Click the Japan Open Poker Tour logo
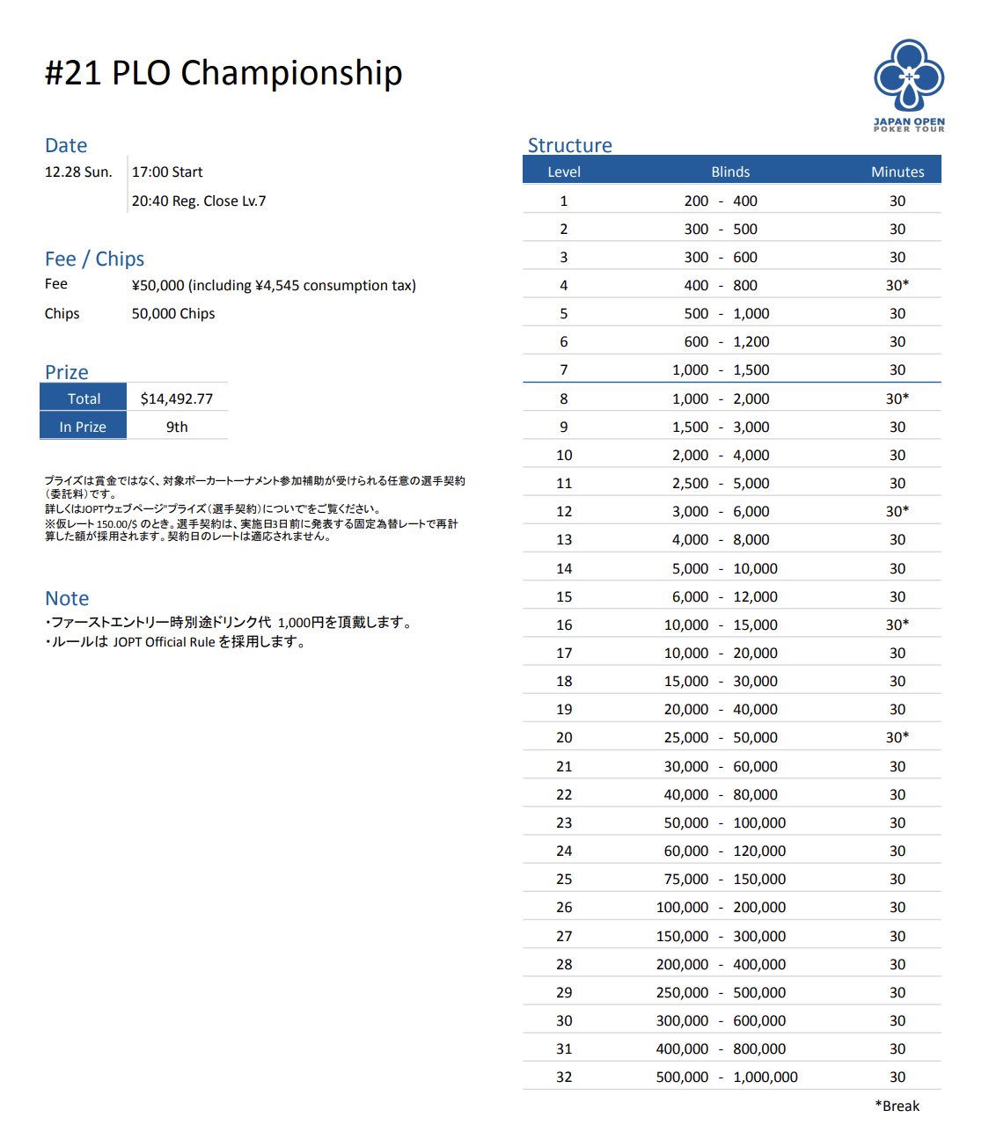click(x=909, y=84)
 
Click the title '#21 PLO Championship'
click(x=223, y=73)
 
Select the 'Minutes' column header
click(x=897, y=172)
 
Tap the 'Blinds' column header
click(x=730, y=172)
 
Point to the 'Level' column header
click(x=564, y=172)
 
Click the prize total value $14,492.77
click(x=177, y=398)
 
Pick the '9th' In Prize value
click(x=177, y=427)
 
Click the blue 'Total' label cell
click(x=84, y=398)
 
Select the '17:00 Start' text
click(x=167, y=172)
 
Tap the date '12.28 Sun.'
click(x=78, y=172)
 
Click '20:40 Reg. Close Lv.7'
click(x=199, y=201)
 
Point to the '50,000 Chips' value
click(x=173, y=313)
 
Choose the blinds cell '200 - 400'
click(x=721, y=201)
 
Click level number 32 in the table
click(x=564, y=1077)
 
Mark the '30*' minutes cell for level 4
click(x=897, y=285)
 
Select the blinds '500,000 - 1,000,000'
click(x=727, y=1077)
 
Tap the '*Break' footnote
click(x=897, y=1106)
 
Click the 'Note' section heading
click(x=67, y=598)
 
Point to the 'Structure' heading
click(x=569, y=145)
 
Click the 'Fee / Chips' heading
click(x=94, y=259)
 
